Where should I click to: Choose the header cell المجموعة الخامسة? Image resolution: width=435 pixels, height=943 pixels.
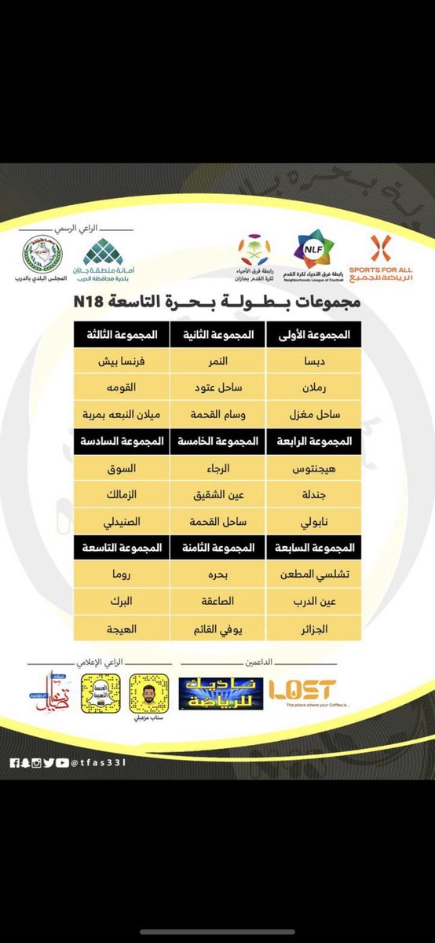pyautogui.click(x=219, y=442)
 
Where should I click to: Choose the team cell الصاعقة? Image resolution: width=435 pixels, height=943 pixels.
pyautogui.click(x=219, y=601)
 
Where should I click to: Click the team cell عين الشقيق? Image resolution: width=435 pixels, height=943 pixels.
pyautogui.click(x=219, y=495)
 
